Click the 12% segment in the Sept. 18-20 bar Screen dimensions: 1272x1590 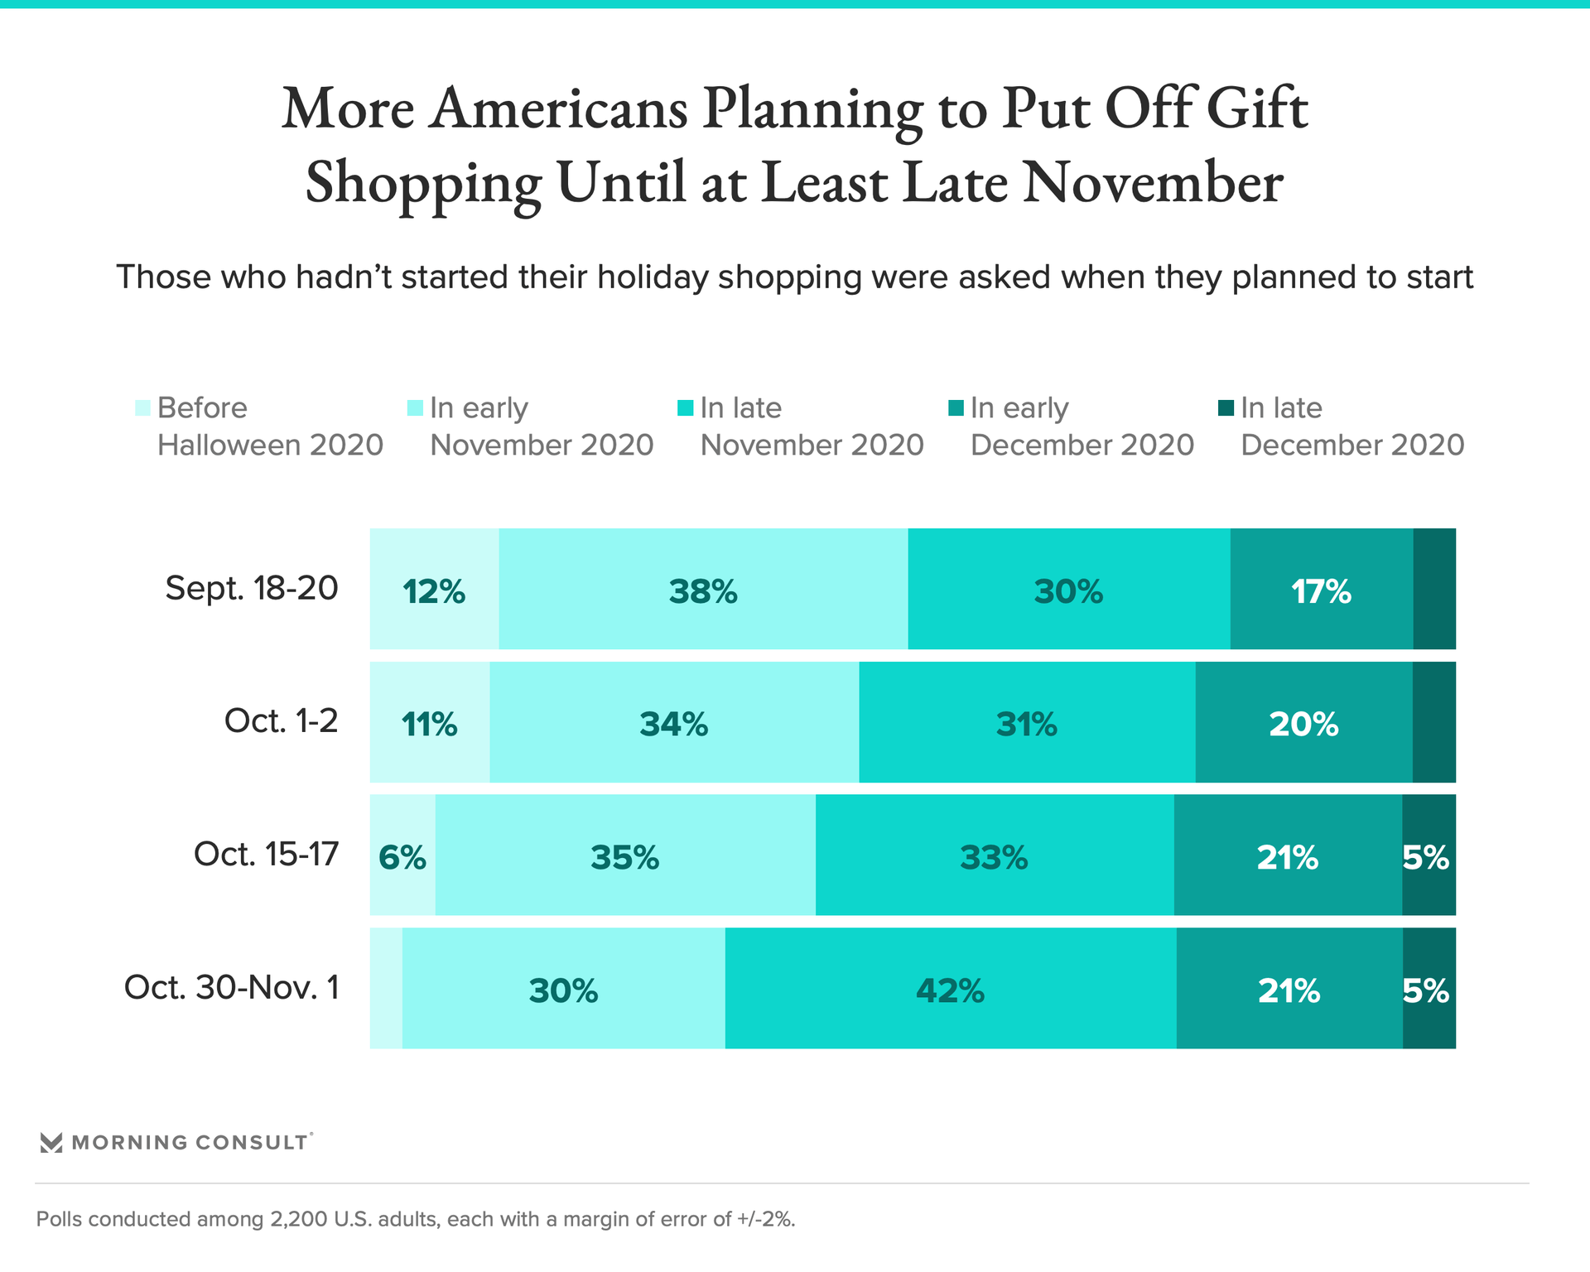(x=434, y=590)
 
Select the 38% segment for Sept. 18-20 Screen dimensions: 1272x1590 (x=703, y=590)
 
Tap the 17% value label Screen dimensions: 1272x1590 (x=1321, y=591)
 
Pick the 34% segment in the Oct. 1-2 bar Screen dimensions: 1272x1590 (x=674, y=723)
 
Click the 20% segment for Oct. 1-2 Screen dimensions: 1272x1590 (x=1303, y=723)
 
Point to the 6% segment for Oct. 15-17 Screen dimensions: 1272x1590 (x=402, y=855)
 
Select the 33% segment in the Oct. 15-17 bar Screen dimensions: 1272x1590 (x=994, y=855)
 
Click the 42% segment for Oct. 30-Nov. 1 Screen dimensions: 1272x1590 (x=950, y=989)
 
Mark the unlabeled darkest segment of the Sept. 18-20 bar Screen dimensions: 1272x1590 (x=1433, y=590)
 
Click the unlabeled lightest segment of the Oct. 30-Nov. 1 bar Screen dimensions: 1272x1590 (x=386, y=989)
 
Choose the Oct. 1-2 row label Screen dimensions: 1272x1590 (x=281, y=721)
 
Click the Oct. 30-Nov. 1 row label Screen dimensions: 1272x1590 (x=232, y=987)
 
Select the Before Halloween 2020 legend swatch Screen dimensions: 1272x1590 (x=143, y=408)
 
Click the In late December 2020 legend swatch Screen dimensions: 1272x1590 (x=1226, y=407)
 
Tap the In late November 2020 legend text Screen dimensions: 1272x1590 (x=812, y=426)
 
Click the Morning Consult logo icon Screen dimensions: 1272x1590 (x=51, y=1143)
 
